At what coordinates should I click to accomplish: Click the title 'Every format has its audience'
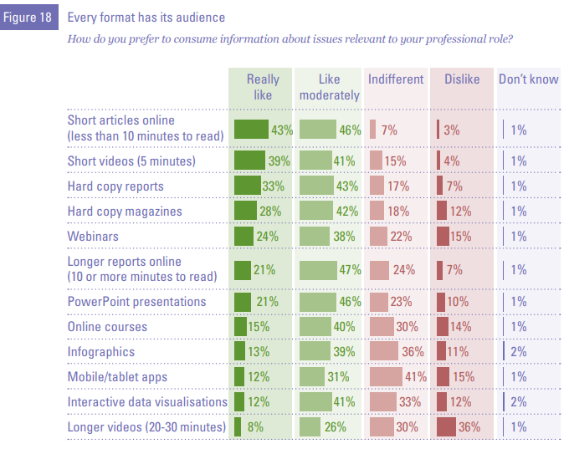[146, 18]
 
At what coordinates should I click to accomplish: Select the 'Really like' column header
[262, 87]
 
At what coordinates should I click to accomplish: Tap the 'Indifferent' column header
[396, 79]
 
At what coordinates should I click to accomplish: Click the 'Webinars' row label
[94, 237]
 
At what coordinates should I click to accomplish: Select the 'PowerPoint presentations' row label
[136, 301]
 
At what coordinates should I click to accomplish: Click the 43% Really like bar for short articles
[251, 130]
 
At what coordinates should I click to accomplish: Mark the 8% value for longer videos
[254, 427]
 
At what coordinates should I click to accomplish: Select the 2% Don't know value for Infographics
[518, 352]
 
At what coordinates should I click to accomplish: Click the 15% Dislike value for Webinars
[461, 237]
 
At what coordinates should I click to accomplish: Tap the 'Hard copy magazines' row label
[125, 212]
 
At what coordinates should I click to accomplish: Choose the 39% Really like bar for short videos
[249, 161]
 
